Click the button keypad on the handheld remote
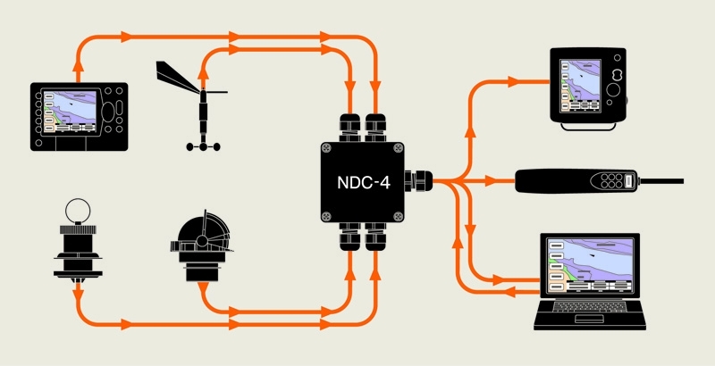611,181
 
